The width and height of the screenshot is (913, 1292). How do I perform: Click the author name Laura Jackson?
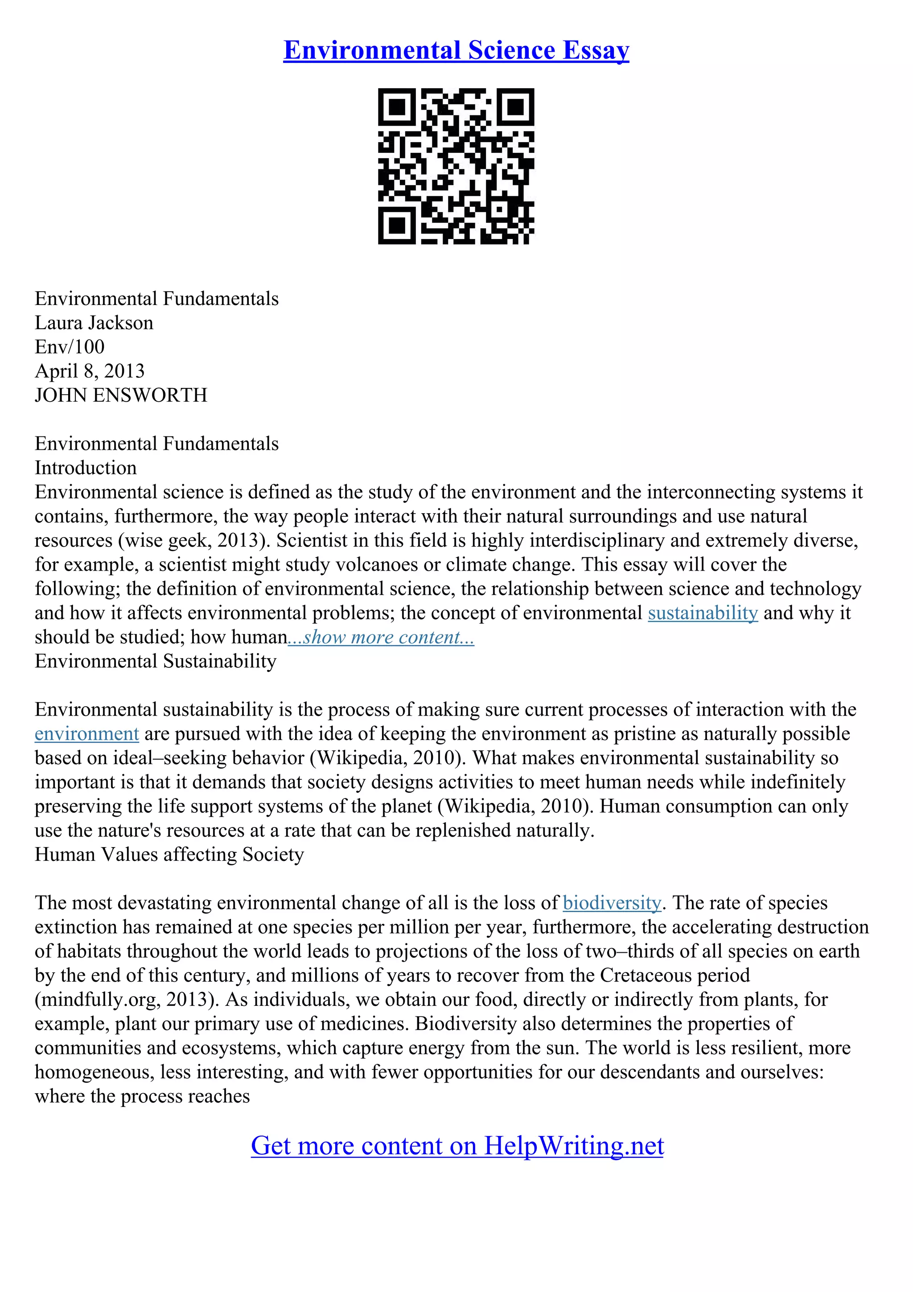point(94,323)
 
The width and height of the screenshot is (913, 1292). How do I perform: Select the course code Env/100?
point(70,347)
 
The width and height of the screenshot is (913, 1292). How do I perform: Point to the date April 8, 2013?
point(90,371)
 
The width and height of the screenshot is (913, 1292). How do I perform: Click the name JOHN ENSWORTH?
point(121,395)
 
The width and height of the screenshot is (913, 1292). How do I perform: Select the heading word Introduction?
point(86,468)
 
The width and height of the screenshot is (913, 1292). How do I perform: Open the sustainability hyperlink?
point(703,613)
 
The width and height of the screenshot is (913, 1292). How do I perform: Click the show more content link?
point(381,637)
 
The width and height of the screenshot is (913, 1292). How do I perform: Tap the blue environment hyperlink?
point(86,734)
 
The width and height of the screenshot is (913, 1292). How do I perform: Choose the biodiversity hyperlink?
point(612,903)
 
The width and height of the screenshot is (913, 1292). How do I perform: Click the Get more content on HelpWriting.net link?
point(457,1146)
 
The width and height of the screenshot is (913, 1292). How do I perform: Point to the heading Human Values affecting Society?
point(169,855)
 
